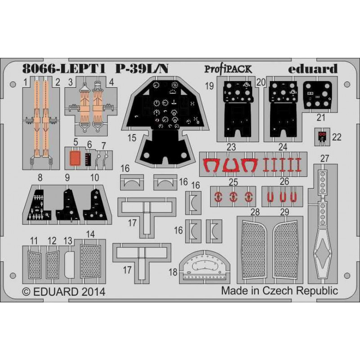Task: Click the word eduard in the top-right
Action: tap(313, 69)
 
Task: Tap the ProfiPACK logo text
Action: tap(228, 69)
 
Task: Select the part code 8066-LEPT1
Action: tap(64, 68)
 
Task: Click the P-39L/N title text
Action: tap(142, 68)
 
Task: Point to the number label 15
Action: tap(132, 138)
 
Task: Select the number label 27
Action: tap(324, 158)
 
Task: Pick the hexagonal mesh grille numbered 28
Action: tap(254, 250)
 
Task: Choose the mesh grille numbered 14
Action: tap(90, 261)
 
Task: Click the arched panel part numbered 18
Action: tap(205, 265)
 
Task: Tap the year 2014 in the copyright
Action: tap(94, 292)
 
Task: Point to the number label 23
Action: tap(231, 147)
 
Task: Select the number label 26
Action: tap(284, 182)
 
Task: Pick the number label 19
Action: tap(209, 86)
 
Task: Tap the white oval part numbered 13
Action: tap(69, 264)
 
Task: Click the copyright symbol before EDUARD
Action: tap(27, 292)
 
